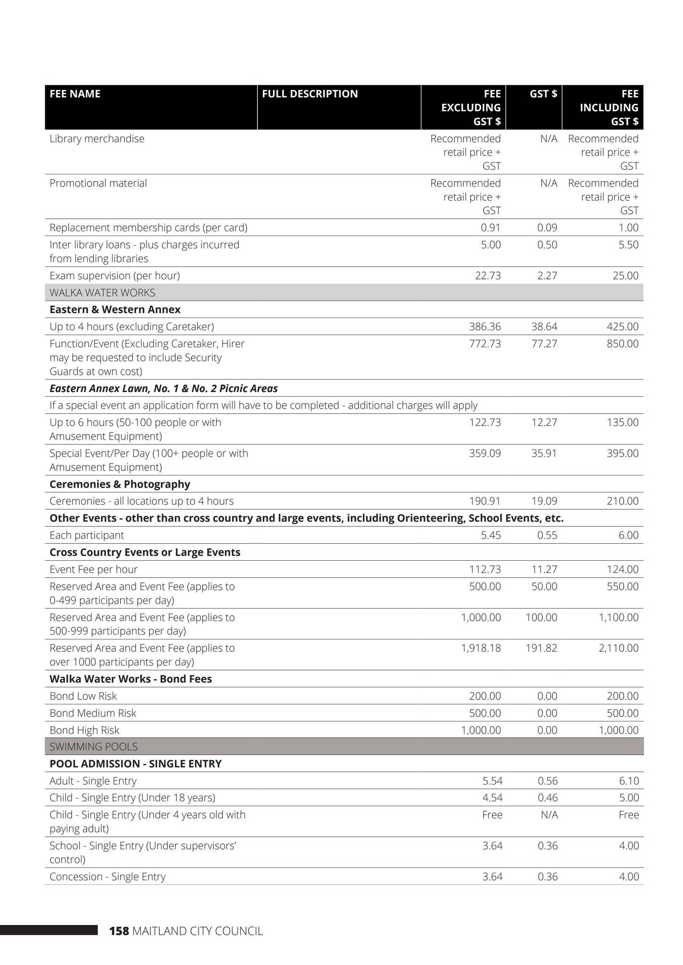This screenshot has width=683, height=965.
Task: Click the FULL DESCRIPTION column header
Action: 310,94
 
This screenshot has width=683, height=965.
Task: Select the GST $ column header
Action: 543,94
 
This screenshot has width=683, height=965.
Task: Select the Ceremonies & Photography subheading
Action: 120,484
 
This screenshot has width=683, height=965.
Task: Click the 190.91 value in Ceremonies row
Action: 485,501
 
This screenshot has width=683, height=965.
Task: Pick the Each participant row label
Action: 87,535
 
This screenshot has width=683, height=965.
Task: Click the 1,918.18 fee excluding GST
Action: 481,648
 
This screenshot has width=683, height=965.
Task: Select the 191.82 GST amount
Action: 541,648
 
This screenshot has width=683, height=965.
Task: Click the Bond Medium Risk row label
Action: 93,713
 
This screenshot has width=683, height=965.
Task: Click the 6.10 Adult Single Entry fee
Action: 629,781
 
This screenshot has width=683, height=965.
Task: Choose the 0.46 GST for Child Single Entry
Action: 548,798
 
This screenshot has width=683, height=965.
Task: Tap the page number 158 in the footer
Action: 119,931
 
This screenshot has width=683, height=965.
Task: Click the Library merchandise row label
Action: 97,139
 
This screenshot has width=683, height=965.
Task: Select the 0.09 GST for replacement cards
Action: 547,228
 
